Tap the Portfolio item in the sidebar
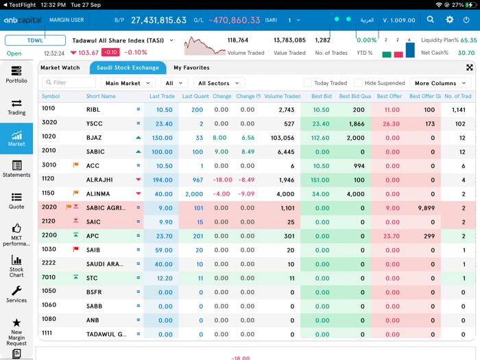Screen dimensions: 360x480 click(x=16, y=74)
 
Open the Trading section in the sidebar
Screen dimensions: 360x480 click(x=16, y=107)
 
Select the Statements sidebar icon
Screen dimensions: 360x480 click(x=16, y=169)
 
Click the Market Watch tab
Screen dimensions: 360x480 click(x=60, y=68)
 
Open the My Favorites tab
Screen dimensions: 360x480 click(x=191, y=68)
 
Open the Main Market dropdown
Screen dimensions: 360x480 click(x=128, y=83)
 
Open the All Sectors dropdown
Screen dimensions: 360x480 click(x=218, y=83)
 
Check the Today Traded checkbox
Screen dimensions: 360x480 click(x=308, y=83)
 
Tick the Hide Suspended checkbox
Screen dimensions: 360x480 click(x=358, y=83)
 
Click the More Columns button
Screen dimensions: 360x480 click(x=440, y=83)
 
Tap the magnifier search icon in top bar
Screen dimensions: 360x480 click(x=431, y=21)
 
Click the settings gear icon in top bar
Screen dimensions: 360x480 click(x=450, y=21)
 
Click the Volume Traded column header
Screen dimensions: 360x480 click(x=282, y=97)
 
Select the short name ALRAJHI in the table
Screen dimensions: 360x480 click(x=100, y=180)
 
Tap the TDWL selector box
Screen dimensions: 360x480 click(x=35, y=40)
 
